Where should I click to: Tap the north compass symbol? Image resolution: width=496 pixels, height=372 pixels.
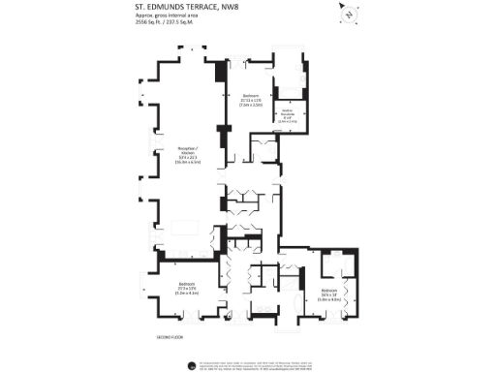click(347, 14)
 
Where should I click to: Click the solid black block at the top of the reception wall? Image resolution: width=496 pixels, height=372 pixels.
click(220, 71)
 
